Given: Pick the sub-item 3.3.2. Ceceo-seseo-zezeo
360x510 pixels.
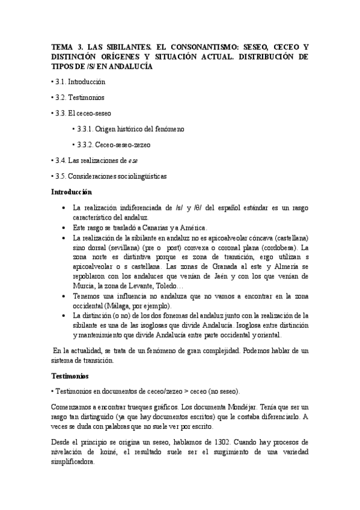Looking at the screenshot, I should [x=114, y=145].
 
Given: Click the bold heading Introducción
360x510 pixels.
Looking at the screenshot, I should [x=72, y=192].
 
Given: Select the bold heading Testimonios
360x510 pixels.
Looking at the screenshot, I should [x=70, y=376].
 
